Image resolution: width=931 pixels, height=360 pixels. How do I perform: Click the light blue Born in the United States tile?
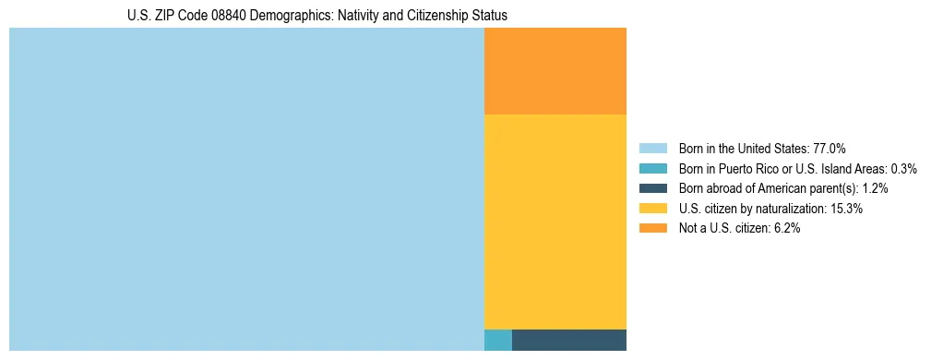pyautogui.click(x=246, y=189)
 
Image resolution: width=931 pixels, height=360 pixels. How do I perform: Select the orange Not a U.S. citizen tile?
pyautogui.click(x=555, y=71)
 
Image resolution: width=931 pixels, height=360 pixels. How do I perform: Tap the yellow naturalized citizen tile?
pyautogui.click(x=555, y=222)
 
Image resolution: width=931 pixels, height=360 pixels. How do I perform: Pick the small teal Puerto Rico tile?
pyautogui.click(x=498, y=340)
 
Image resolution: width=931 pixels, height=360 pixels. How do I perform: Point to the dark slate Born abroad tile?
pyautogui.click(x=569, y=340)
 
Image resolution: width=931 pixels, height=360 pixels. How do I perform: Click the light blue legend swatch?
pyautogui.click(x=652, y=149)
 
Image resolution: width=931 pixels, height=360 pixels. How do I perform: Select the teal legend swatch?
pyautogui.click(x=652, y=169)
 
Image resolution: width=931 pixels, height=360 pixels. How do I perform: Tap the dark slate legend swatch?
pyautogui.click(x=652, y=188)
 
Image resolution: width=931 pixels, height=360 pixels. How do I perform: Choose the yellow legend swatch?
pyautogui.click(x=652, y=209)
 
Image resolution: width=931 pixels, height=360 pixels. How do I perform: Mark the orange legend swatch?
pyautogui.click(x=652, y=229)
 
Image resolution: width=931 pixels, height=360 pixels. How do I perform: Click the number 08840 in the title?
pyautogui.click(x=241, y=16)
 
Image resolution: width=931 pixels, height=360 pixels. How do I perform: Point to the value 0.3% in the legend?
pyautogui.click(x=904, y=169)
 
